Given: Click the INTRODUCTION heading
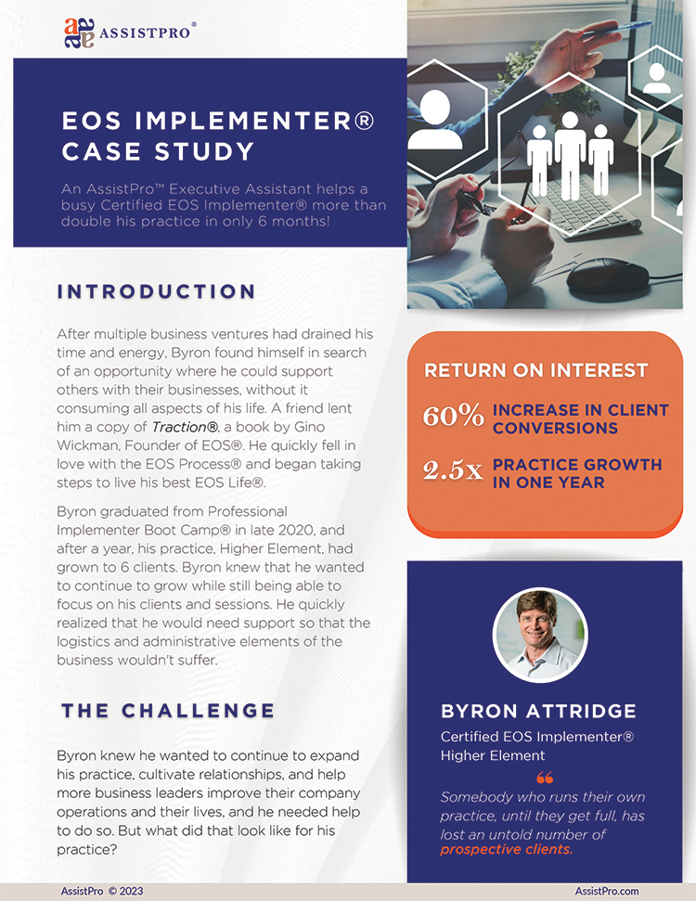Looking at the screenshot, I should pyautogui.click(x=156, y=291).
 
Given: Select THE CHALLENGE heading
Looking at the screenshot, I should pyautogui.click(x=168, y=711).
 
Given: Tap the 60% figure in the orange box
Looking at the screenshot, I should pyautogui.click(x=453, y=417).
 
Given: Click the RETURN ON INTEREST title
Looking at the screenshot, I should pyautogui.click(x=535, y=370).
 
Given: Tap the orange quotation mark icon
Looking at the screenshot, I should pyautogui.click(x=545, y=777).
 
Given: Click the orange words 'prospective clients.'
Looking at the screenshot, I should pyautogui.click(x=507, y=849).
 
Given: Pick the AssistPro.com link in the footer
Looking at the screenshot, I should pyautogui.click(x=606, y=891).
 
